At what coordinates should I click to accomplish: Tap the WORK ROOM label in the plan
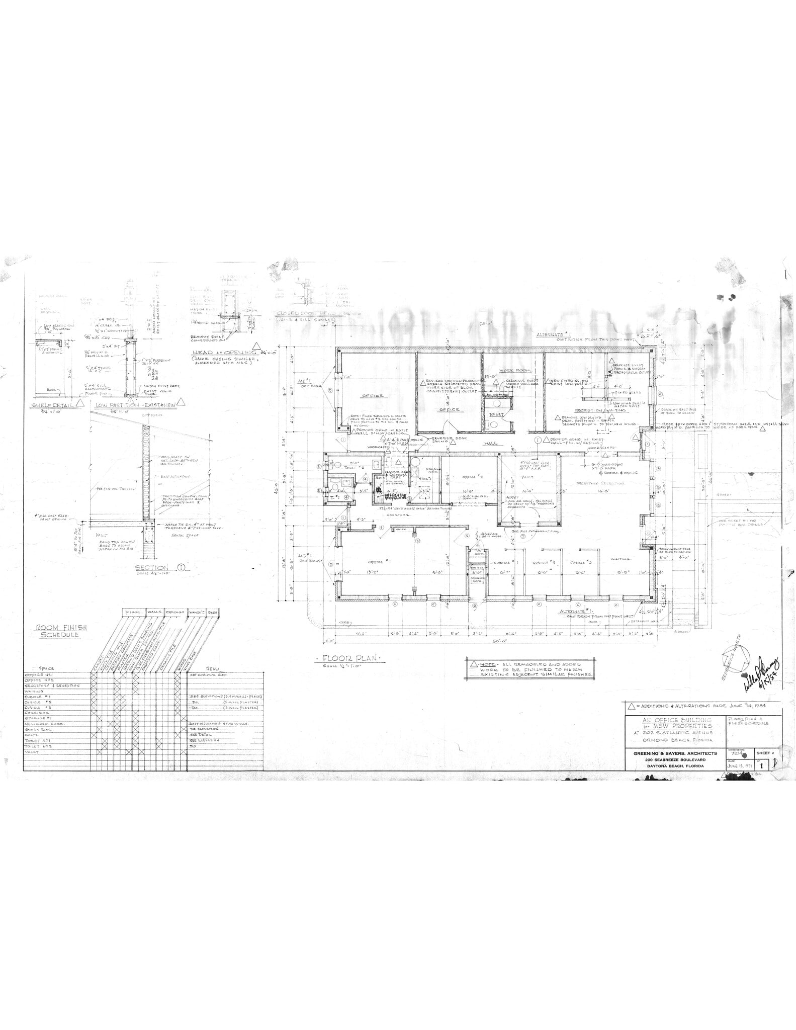pos(511,370)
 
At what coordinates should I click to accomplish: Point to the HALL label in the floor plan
pos(490,443)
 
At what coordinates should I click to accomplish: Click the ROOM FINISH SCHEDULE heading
pos(57,631)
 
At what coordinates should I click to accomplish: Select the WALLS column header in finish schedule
pos(153,612)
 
